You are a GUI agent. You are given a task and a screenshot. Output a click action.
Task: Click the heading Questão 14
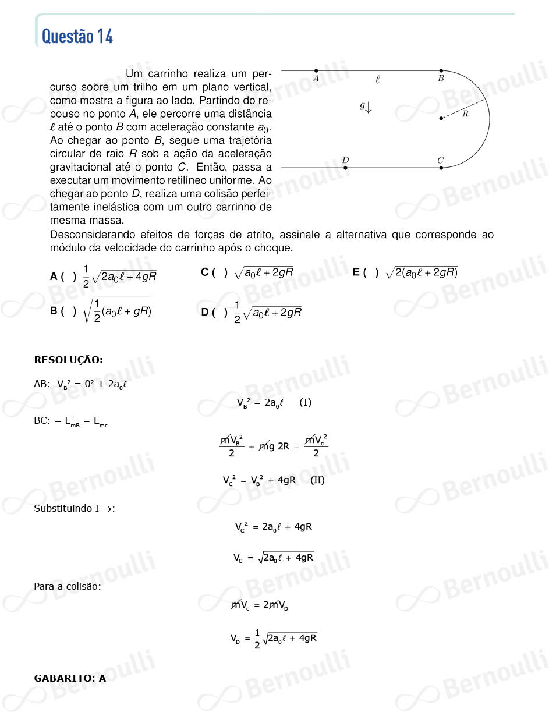pos(77,36)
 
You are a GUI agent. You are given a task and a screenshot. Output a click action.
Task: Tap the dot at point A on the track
pos(316,70)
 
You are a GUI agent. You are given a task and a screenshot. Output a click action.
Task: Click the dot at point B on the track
pos(441,70)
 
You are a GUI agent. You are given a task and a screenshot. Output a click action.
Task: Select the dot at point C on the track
pos(441,168)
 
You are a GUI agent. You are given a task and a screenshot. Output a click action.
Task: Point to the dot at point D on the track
pos(345,168)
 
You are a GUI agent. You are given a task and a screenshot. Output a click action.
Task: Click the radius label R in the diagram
pos(465,114)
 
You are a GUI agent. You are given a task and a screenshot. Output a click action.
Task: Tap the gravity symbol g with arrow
pos(366,107)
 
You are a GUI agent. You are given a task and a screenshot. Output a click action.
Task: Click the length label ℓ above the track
pos(377,80)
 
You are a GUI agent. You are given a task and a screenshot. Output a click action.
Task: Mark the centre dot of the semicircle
pos(441,118)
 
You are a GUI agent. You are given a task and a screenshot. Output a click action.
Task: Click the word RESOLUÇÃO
pos(69,360)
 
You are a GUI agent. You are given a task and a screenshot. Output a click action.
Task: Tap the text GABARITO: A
pos(70,678)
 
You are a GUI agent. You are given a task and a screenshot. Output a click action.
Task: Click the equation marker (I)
pos(305,402)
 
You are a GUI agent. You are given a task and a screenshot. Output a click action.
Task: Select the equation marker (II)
pos(317,480)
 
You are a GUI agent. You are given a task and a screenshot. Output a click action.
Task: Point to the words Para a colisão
pos(68,586)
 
